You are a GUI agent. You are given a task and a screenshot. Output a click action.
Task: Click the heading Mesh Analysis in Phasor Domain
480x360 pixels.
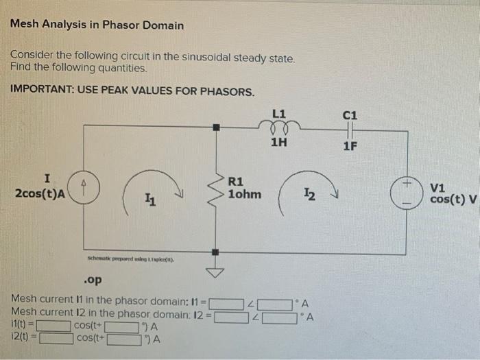[x=97, y=25]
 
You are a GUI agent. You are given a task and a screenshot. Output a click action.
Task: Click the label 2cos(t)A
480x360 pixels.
[x=40, y=194]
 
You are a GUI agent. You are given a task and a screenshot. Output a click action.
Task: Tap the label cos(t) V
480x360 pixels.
[x=453, y=199]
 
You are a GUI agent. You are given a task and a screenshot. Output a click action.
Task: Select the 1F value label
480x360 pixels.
[x=350, y=145]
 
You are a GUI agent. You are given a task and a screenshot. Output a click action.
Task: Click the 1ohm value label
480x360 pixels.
[x=244, y=194]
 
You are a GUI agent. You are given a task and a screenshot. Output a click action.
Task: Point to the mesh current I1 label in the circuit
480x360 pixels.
[x=149, y=200]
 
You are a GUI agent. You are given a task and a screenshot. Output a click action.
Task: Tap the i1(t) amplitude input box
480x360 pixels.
[x=54, y=326]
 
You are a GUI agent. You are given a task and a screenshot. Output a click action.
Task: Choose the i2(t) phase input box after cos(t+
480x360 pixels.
[x=123, y=338]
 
